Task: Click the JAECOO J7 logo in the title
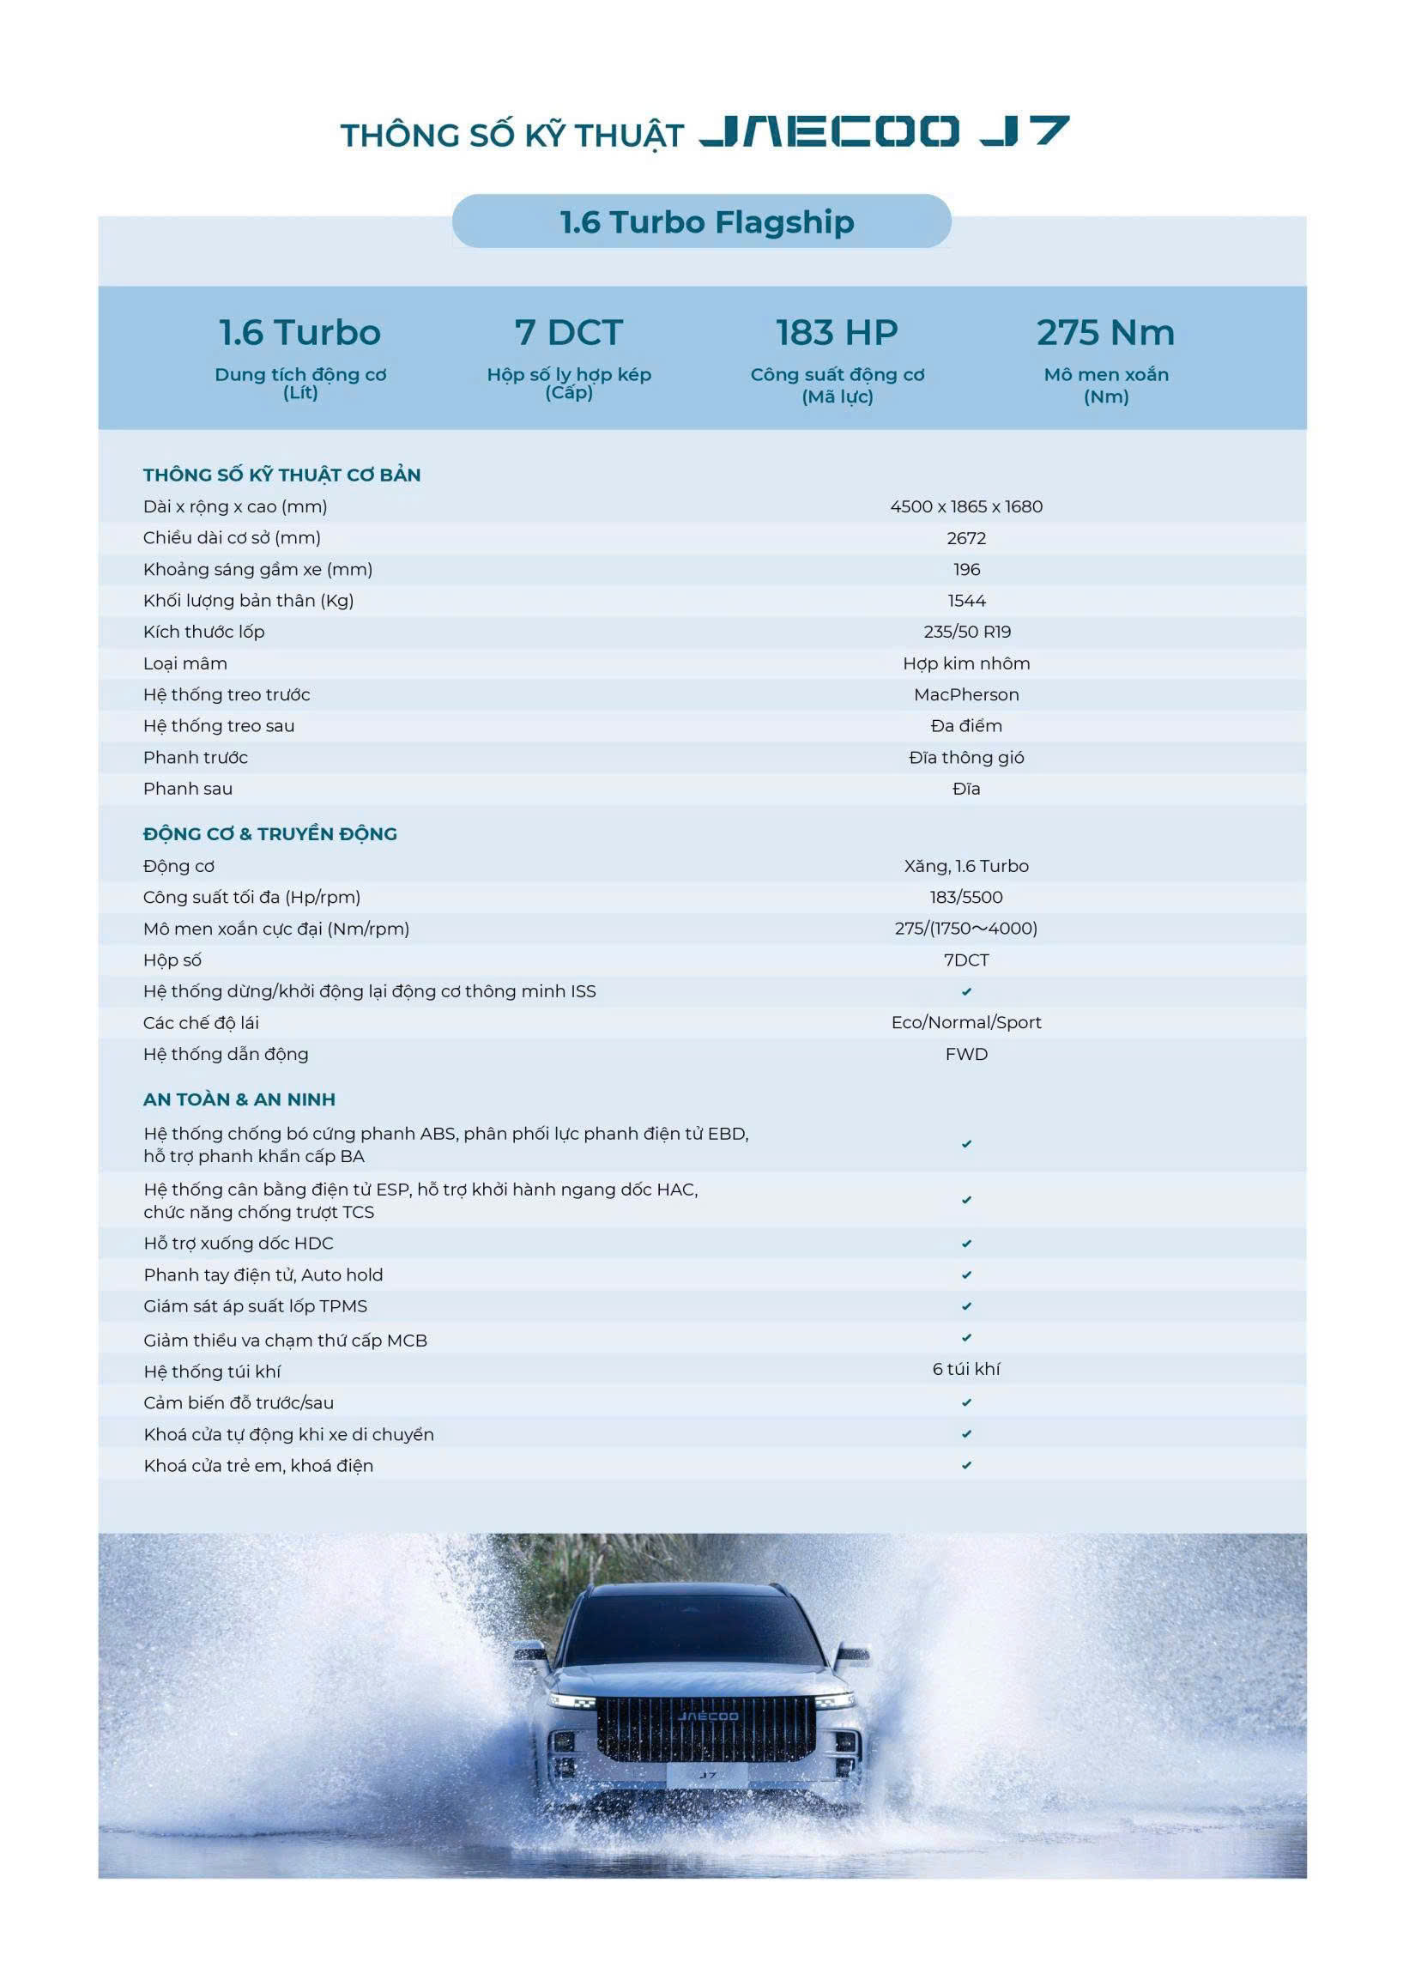pyautogui.click(x=884, y=131)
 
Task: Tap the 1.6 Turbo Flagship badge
pyautogui.click(x=706, y=222)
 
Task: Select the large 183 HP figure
pyautogui.click(x=837, y=333)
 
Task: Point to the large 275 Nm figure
pyautogui.click(x=1105, y=333)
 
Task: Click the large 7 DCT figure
pyautogui.click(x=568, y=333)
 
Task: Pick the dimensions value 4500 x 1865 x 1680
pyautogui.click(x=966, y=507)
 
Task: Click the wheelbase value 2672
pyautogui.click(x=966, y=538)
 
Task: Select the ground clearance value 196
pyautogui.click(x=966, y=569)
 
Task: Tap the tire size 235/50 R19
pyautogui.click(x=966, y=633)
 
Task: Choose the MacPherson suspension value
pyautogui.click(x=966, y=694)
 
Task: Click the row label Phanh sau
pyautogui.click(x=188, y=789)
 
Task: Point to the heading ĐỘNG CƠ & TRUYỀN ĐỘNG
pyautogui.click(x=270, y=834)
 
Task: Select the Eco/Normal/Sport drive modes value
pyautogui.click(x=966, y=1022)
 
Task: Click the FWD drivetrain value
pyautogui.click(x=966, y=1055)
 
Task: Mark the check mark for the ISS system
pyautogui.click(x=966, y=991)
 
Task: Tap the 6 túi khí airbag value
pyautogui.click(x=966, y=1369)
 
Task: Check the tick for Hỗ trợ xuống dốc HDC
pyautogui.click(x=966, y=1244)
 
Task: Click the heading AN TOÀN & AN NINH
pyautogui.click(x=239, y=1099)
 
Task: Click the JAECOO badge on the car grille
pyautogui.click(x=708, y=1717)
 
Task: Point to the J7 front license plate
pyautogui.click(x=708, y=1775)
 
